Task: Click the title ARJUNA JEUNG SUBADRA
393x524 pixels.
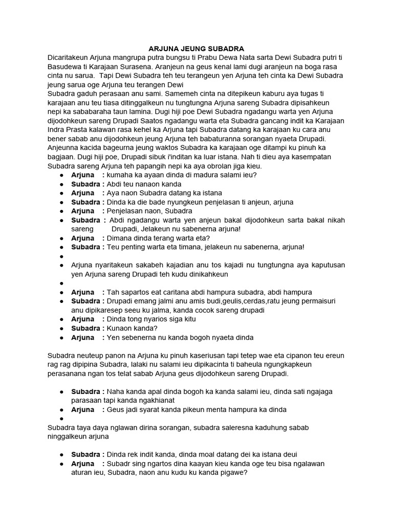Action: click(x=197, y=48)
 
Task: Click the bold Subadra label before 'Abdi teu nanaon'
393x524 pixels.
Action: click(x=87, y=184)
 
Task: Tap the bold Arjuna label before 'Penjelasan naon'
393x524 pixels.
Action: click(x=83, y=211)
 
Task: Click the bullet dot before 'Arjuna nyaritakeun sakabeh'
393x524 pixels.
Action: click(x=61, y=265)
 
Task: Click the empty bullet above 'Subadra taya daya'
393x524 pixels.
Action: click(x=61, y=419)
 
